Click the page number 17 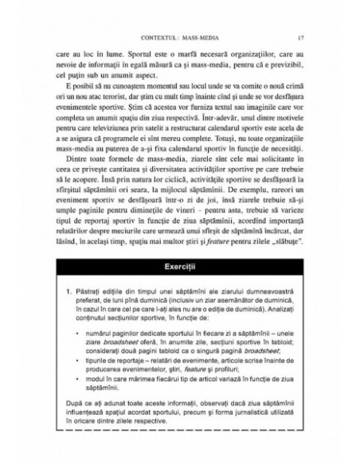296,37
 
